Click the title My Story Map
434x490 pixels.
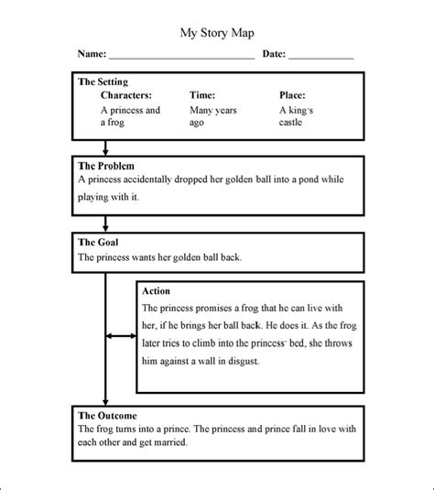(216, 32)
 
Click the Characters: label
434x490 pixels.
(126, 94)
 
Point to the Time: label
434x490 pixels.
(202, 94)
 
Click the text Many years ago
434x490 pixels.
(212, 116)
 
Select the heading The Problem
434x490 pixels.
(106, 166)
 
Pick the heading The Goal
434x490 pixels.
(97, 243)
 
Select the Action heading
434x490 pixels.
(157, 291)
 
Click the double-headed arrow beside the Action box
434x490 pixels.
(121, 337)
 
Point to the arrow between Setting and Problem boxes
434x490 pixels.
(106, 147)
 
